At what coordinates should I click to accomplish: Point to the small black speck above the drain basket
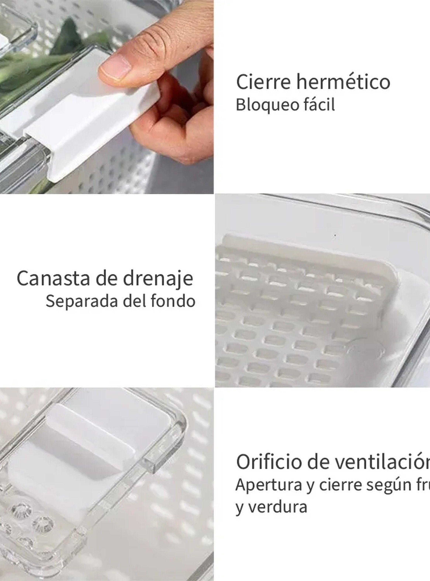335,236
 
